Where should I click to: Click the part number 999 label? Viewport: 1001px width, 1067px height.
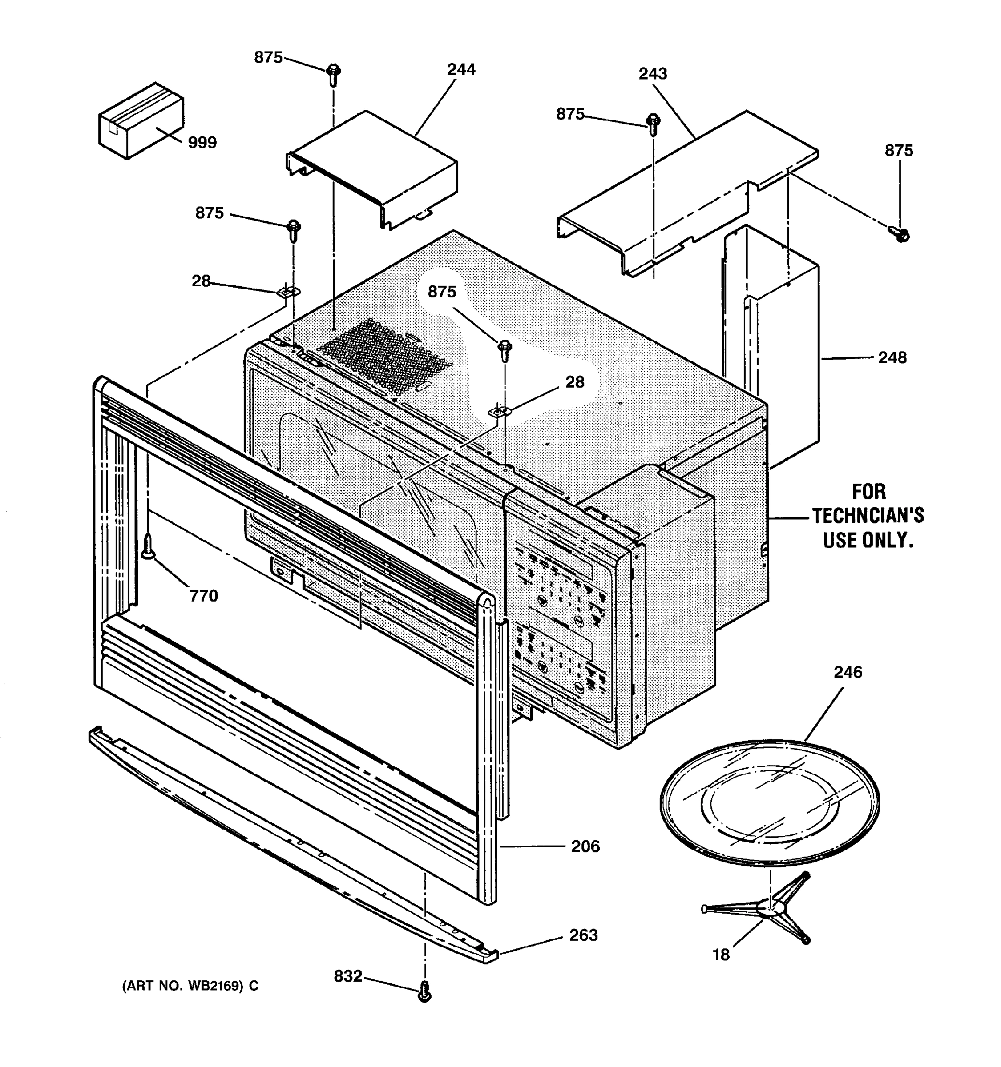pyautogui.click(x=202, y=143)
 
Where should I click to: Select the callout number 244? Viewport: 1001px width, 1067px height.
pyautogui.click(x=461, y=70)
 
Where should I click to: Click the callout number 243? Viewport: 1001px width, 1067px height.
pyautogui.click(x=653, y=73)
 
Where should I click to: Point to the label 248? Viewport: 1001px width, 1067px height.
pyautogui.click(x=892, y=357)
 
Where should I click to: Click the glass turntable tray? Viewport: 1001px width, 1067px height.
pyautogui.click(x=769, y=803)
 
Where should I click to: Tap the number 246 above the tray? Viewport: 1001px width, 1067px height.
pyautogui.click(x=848, y=672)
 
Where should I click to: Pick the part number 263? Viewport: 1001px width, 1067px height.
pyautogui.click(x=583, y=935)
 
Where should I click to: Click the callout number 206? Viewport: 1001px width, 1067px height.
pyautogui.click(x=585, y=846)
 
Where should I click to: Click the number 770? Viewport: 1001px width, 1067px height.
pyautogui.click(x=203, y=596)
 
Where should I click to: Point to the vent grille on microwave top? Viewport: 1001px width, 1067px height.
pyautogui.click(x=384, y=354)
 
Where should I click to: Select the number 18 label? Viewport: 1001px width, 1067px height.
pyautogui.click(x=721, y=955)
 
